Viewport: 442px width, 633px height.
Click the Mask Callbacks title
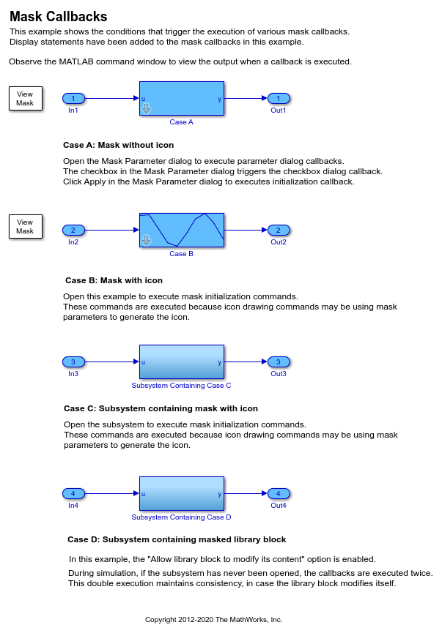[x=58, y=17]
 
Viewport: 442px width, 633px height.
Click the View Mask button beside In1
[x=26, y=99]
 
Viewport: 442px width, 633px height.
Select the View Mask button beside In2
[x=26, y=226]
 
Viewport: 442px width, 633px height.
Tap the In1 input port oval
[x=73, y=98]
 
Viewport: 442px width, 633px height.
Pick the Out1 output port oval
[x=279, y=98]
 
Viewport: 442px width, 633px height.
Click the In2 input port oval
[x=73, y=230]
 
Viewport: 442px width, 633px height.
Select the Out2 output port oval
[x=279, y=230]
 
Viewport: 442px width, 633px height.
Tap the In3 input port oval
[x=73, y=362]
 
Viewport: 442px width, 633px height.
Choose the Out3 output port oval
[x=279, y=362]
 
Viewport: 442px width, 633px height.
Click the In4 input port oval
[x=73, y=493]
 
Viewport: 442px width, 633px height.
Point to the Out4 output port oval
[x=279, y=493]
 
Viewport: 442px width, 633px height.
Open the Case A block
[x=182, y=99]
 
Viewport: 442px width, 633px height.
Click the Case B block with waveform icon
[x=182, y=230]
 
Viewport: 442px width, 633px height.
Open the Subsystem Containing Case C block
[x=182, y=362]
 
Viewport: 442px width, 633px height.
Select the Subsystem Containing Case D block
[x=182, y=493]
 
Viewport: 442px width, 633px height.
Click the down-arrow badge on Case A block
[x=146, y=108]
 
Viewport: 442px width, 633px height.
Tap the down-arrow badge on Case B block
[x=146, y=241]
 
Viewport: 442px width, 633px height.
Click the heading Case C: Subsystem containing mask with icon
[x=161, y=408]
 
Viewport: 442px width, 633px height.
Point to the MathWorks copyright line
[x=213, y=620]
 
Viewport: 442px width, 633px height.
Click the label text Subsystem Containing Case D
[x=181, y=517]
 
